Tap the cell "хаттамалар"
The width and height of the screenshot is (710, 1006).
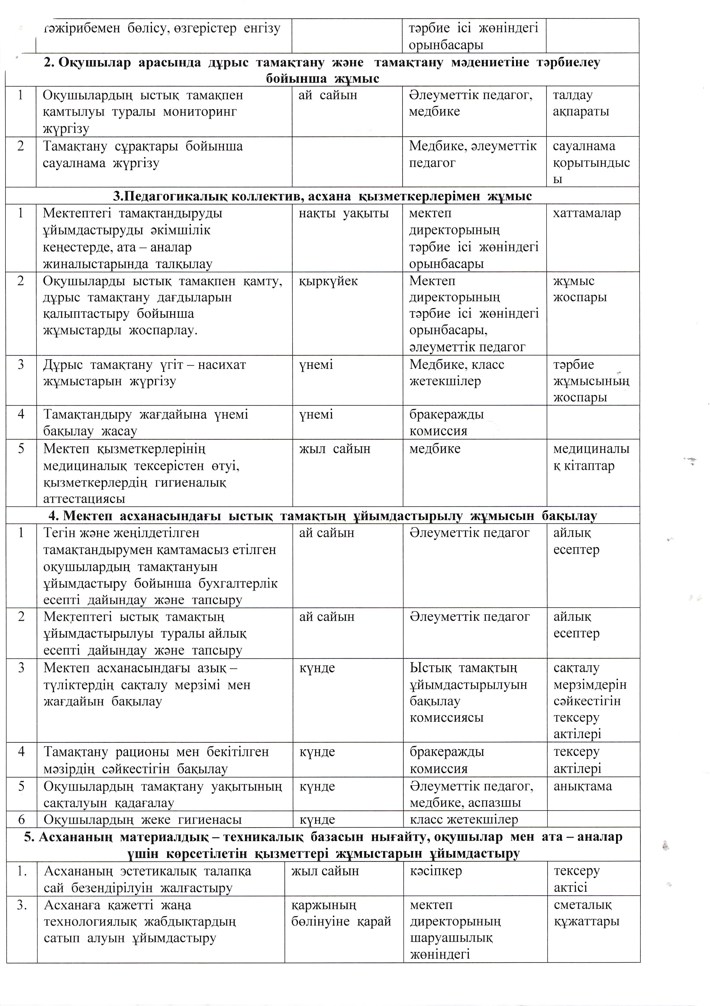pyautogui.click(x=587, y=214)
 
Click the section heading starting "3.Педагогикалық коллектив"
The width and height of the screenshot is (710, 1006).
pyautogui.click(x=322, y=196)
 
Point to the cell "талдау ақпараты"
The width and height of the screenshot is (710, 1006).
pyautogui.click(x=581, y=103)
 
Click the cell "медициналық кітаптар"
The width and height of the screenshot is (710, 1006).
pyautogui.click(x=591, y=457)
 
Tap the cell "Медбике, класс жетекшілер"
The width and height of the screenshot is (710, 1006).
pyautogui.click(x=457, y=373)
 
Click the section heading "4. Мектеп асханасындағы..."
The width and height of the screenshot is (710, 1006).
pyautogui.click(x=322, y=516)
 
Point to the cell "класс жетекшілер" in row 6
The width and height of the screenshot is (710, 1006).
pyautogui.click(x=464, y=820)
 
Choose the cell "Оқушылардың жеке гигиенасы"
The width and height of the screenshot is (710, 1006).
pyautogui.click(x=142, y=820)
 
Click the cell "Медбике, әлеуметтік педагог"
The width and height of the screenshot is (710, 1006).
pyautogui.click(x=472, y=154)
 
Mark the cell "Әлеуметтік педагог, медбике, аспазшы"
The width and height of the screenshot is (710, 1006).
pyautogui.click(x=471, y=794)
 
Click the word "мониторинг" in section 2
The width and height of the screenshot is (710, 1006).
pyautogui.click(x=200, y=112)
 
